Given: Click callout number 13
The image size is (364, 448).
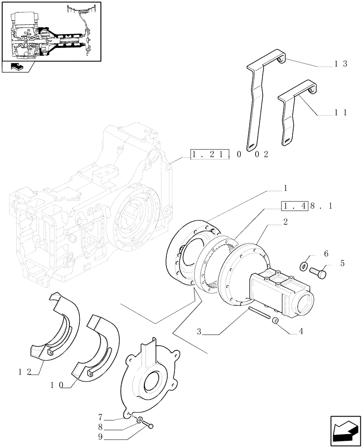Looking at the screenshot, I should coord(341,64).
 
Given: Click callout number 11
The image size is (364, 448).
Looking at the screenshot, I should coord(341,113).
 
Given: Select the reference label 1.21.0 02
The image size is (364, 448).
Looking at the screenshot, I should coord(230,155).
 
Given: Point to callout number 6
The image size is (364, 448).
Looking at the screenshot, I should coord(326,254).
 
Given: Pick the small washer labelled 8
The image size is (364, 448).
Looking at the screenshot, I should coord(141,421).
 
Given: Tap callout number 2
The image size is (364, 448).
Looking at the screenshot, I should coord(286,222).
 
